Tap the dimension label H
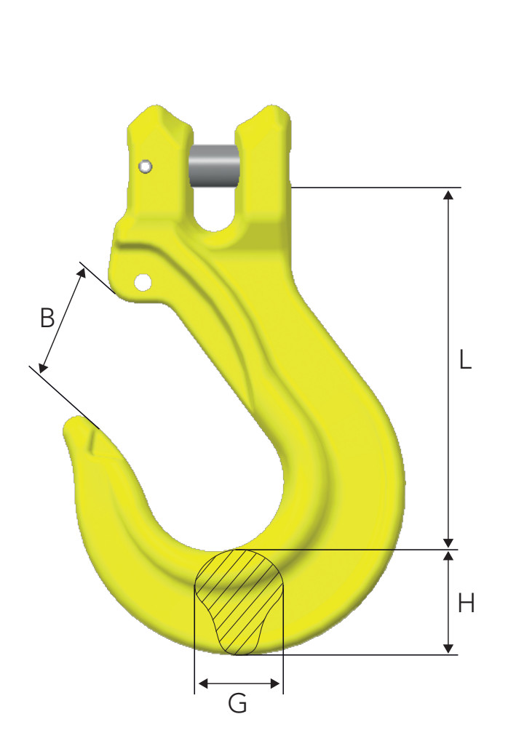[466, 603]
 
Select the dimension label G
[237, 703]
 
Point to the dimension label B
[47, 318]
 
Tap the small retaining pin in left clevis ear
[146, 167]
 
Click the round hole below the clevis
[143, 281]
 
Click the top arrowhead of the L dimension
[449, 194]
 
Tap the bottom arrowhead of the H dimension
[449, 648]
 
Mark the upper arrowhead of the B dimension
[82, 273]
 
